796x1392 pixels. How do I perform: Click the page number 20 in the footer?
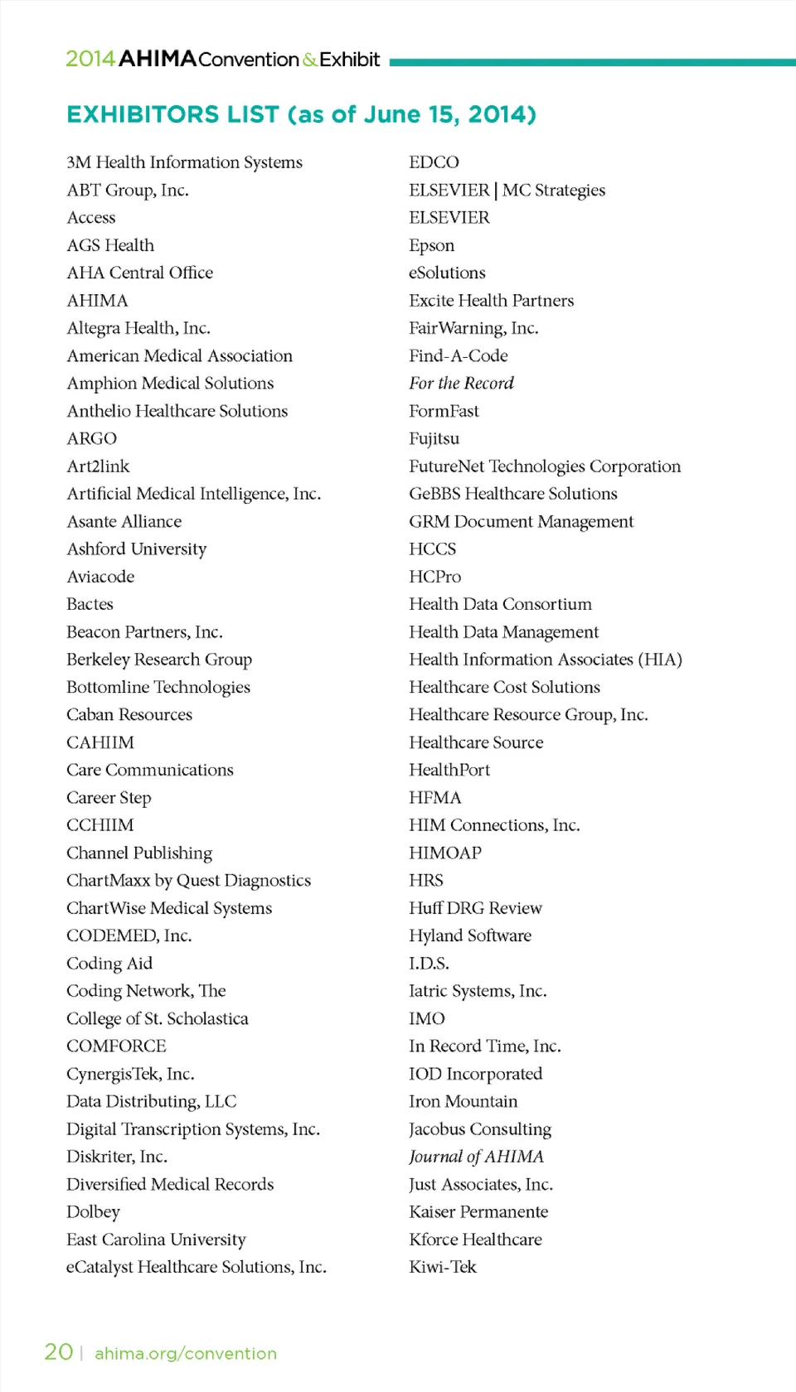click(59, 1352)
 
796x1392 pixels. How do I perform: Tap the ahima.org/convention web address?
click(186, 1353)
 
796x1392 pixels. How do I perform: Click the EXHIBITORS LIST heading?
click(301, 114)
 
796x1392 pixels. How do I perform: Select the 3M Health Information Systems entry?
click(184, 162)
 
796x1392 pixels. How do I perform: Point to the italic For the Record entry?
click(461, 383)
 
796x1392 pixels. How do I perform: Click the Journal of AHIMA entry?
click(476, 1157)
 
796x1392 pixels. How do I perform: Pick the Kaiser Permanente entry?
click(478, 1211)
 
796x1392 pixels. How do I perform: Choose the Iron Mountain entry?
click(463, 1101)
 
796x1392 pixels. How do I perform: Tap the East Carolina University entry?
click(156, 1240)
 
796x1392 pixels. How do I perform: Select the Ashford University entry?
click(136, 549)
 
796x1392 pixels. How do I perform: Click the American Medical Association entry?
click(179, 355)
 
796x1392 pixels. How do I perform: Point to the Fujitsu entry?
click(434, 438)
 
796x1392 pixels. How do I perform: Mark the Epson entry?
click(431, 245)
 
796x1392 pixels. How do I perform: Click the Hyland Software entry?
click(470, 935)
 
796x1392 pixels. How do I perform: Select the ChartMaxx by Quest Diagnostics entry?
click(188, 880)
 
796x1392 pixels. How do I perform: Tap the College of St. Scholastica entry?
click(158, 1018)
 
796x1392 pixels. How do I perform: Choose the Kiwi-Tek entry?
click(443, 1267)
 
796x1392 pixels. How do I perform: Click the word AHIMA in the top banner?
click(158, 59)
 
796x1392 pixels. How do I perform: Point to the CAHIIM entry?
click(100, 742)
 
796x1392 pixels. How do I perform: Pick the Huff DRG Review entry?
click(475, 908)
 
